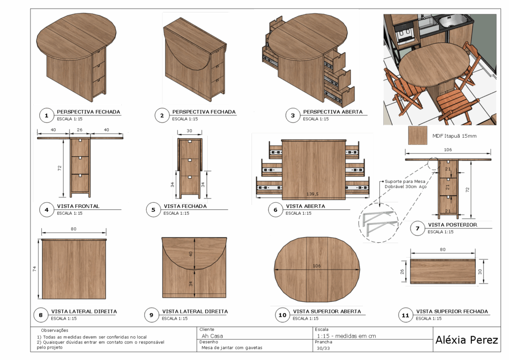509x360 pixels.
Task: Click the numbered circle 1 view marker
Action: pyautogui.click(x=46, y=115)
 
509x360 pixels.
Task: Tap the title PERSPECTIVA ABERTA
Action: pyautogui.click(x=333, y=112)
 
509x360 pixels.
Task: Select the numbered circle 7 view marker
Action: pyautogui.click(x=418, y=228)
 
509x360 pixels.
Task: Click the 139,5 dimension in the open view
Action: pyautogui.click(x=312, y=194)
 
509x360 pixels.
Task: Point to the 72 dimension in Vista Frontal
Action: pyautogui.click(x=60, y=168)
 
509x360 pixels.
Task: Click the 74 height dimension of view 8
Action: pyautogui.click(x=34, y=269)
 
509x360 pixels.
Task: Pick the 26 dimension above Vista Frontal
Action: pyautogui.click(x=80, y=130)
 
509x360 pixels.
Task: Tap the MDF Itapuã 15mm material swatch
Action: pyautogui.click(x=418, y=135)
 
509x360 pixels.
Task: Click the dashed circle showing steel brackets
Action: pyautogui.click(x=378, y=223)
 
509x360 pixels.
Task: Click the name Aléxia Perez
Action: pyautogui.click(x=466, y=340)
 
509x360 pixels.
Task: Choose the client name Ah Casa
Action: pyautogui.click(x=212, y=336)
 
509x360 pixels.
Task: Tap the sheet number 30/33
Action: pyautogui.click(x=323, y=348)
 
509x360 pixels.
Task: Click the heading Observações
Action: pyautogui.click(x=55, y=330)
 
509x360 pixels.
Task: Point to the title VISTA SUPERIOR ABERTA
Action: pyautogui.click(x=327, y=311)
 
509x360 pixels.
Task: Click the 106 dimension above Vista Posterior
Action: pyautogui.click(x=448, y=150)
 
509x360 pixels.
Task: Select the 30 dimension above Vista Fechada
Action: pyautogui.click(x=189, y=131)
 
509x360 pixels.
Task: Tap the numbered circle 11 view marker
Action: pyautogui.click(x=405, y=315)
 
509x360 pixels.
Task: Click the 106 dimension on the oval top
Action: pyautogui.click(x=317, y=266)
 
